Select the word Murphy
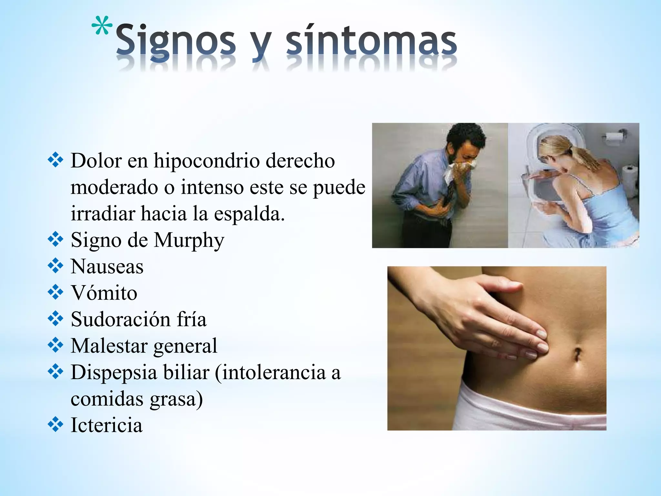tap(189, 241)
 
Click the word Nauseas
tap(107, 267)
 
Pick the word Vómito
tap(104, 293)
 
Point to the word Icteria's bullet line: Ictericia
tap(107, 425)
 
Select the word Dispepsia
tap(114, 372)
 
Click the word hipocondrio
tap(207, 160)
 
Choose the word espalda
tap(249, 214)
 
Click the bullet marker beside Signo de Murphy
tap(56, 240)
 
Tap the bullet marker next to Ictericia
tap(56, 424)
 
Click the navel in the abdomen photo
tap(577, 354)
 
